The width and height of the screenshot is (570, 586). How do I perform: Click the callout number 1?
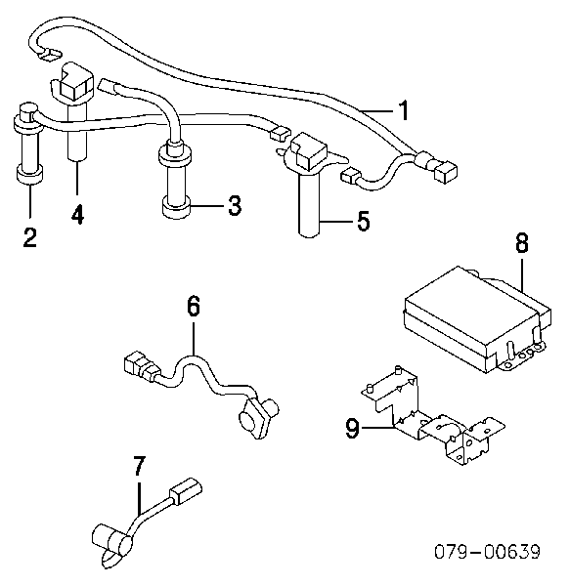403,110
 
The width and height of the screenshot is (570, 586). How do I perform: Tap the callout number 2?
30,237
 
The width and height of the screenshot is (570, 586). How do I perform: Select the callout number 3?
235,205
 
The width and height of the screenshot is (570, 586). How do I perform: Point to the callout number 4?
77,214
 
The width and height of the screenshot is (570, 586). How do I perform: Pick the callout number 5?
363,221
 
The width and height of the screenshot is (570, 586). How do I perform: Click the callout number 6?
194,306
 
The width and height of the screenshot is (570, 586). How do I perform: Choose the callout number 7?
139,466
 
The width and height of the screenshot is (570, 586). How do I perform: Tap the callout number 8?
521,242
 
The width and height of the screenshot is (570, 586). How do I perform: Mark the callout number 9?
352,428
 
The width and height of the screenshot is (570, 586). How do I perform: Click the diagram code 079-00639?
488,552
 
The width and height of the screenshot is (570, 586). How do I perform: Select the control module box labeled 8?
478,318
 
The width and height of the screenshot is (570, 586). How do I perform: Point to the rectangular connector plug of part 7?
186,491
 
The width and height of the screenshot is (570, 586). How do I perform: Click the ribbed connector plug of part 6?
141,365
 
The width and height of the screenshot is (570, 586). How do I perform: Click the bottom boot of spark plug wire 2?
28,175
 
